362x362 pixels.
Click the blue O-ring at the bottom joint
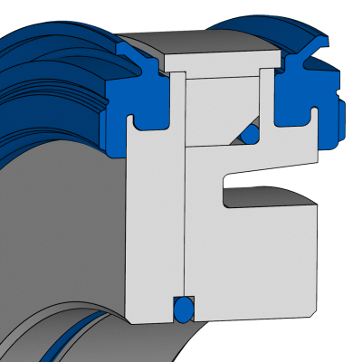point(183,310)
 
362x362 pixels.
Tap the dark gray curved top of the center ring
point(217,41)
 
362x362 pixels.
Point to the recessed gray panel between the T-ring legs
point(222,109)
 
